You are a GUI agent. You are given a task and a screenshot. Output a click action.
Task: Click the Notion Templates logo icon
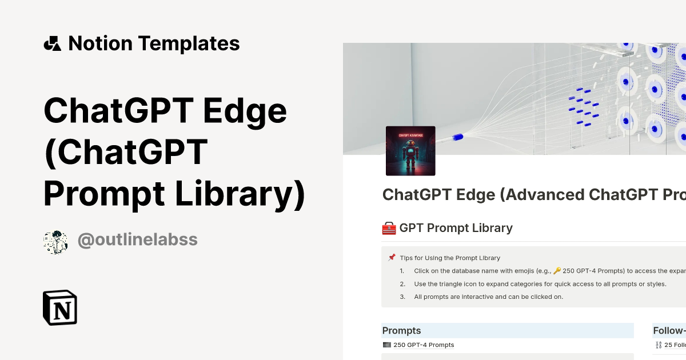(x=52, y=43)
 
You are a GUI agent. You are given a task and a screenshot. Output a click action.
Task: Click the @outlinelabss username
(x=137, y=240)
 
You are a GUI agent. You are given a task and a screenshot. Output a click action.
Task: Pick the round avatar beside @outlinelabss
(x=55, y=242)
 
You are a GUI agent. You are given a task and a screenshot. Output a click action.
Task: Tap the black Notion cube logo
(x=60, y=308)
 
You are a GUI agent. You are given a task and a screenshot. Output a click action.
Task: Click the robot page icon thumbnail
(x=410, y=151)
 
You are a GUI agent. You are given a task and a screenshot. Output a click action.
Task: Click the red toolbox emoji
(x=389, y=229)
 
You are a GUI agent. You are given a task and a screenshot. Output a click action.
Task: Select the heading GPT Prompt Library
(x=456, y=228)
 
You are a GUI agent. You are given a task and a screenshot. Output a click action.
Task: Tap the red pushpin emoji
(x=392, y=258)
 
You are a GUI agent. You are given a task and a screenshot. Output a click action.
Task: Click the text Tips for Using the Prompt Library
(x=450, y=258)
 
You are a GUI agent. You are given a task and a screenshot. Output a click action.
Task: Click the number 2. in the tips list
(x=402, y=284)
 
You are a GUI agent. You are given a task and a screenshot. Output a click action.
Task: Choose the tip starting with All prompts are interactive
(x=489, y=297)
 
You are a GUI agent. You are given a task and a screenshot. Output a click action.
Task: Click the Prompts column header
(x=402, y=330)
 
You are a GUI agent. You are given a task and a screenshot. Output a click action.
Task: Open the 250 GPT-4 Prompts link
(x=424, y=345)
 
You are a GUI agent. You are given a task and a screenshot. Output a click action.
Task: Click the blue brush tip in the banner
(x=457, y=137)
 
